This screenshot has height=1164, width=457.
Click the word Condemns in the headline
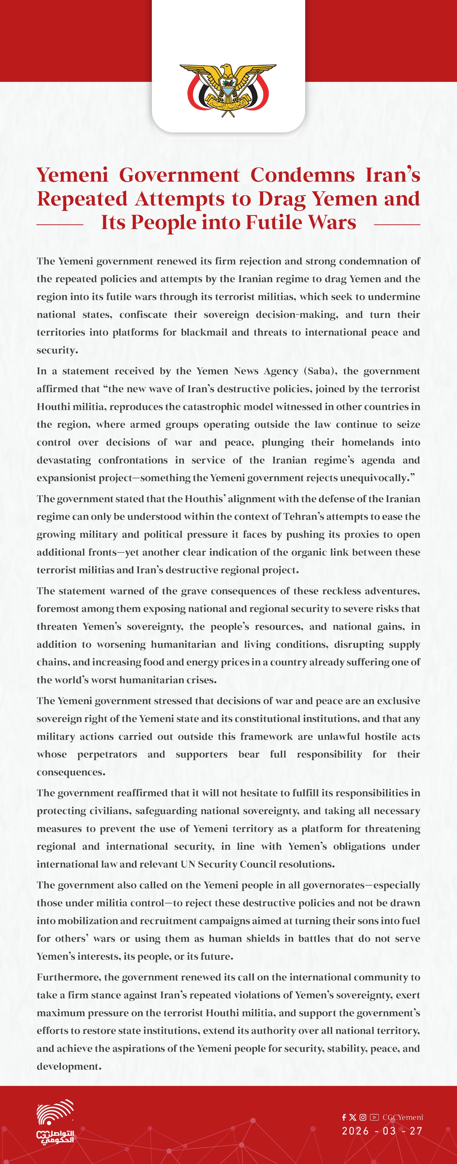[x=302, y=175]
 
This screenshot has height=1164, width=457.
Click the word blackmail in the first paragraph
[x=204, y=332]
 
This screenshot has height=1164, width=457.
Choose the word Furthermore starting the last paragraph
[x=68, y=977]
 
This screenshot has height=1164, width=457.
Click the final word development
[x=68, y=1067]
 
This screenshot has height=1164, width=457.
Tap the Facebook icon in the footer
[x=344, y=1117]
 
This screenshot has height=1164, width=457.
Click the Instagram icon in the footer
[x=363, y=1117]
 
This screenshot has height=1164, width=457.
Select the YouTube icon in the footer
[x=374, y=1117]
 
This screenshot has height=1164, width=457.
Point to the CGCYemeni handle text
[x=403, y=1117]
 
